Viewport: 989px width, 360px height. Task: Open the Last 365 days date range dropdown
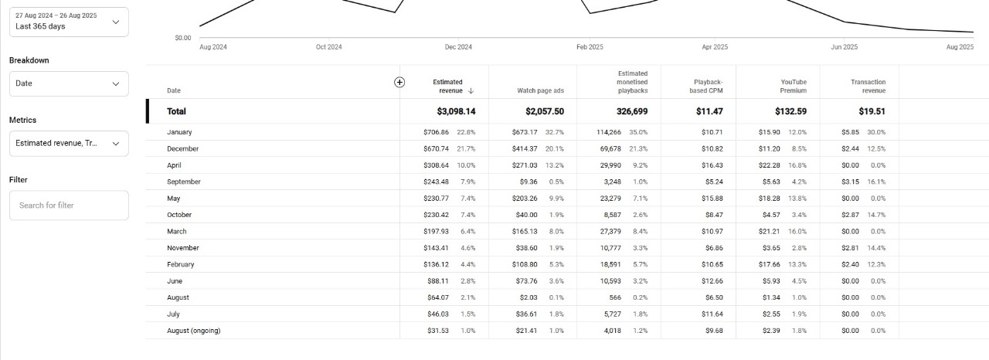coord(68,22)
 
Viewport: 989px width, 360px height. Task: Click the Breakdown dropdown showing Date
coord(68,83)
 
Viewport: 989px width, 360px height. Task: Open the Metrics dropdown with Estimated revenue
coord(68,143)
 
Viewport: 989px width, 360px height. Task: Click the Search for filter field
coord(68,205)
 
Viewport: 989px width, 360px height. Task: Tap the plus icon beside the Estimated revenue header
coord(399,82)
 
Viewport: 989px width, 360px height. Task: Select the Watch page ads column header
coord(540,91)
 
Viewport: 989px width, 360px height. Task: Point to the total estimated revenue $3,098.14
coord(456,111)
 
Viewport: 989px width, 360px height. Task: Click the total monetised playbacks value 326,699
coord(632,111)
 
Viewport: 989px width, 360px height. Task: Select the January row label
coord(179,132)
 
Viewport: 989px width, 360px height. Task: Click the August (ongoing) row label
coord(193,331)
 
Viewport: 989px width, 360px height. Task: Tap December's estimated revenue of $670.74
coord(437,148)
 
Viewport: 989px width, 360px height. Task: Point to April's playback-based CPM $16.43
coord(712,165)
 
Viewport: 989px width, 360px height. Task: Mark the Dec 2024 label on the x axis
coord(458,47)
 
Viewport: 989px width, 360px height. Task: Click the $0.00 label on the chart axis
coord(183,37)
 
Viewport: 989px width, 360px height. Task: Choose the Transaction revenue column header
coord(868,86)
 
